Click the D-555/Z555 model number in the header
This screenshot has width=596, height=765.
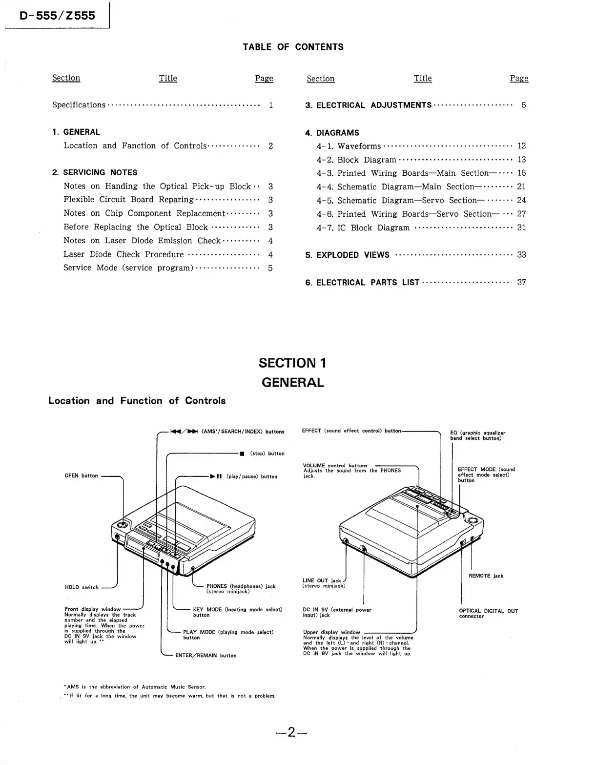click(x=57, y=16)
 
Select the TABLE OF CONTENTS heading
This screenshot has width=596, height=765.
click(x=293, y=47)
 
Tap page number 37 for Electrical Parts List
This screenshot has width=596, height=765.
click(x=521, y=282)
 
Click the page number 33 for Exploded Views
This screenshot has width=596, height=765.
click(x=521, y=255)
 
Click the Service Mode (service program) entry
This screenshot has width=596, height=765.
click(x=128, y=268)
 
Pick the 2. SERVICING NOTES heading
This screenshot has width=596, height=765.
click(x=95, y=172)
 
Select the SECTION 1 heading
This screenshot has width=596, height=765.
click(x=292, y=363)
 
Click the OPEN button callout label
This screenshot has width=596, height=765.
click(x=81, y=476)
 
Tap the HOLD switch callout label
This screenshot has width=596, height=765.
click(x=82, y=587)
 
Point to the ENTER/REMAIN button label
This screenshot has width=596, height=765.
click(x=206, y=656)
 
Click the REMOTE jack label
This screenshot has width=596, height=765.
click(x=486, y=576)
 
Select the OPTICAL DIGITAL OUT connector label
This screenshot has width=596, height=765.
click(x=488, y=614)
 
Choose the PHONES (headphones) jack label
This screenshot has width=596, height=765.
click(x=241, y=589)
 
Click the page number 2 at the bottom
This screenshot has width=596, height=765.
click(x=291, y=732)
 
